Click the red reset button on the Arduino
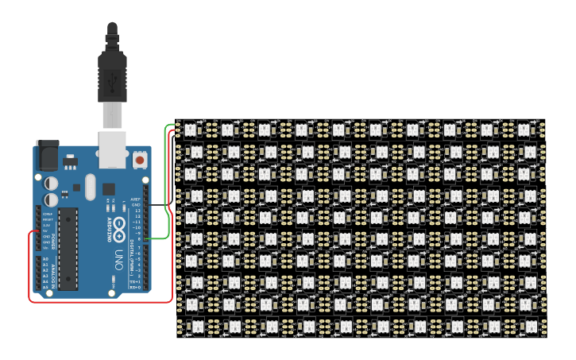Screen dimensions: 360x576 (x=140, y=160)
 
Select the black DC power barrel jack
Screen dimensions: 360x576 (x=47, y=155)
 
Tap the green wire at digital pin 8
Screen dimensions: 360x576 (x=159, y=238)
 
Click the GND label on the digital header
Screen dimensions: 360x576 (x=136, y=205)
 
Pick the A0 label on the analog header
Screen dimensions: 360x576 (x=45, y=259)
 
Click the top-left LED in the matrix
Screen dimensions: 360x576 (x=191, y=128)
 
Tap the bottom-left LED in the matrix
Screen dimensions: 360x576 (x=191, y=327)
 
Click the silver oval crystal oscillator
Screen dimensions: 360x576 (x=89, y=188)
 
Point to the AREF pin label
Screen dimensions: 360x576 (x=136, y=199)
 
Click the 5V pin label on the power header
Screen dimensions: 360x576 (x=46, y=230)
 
